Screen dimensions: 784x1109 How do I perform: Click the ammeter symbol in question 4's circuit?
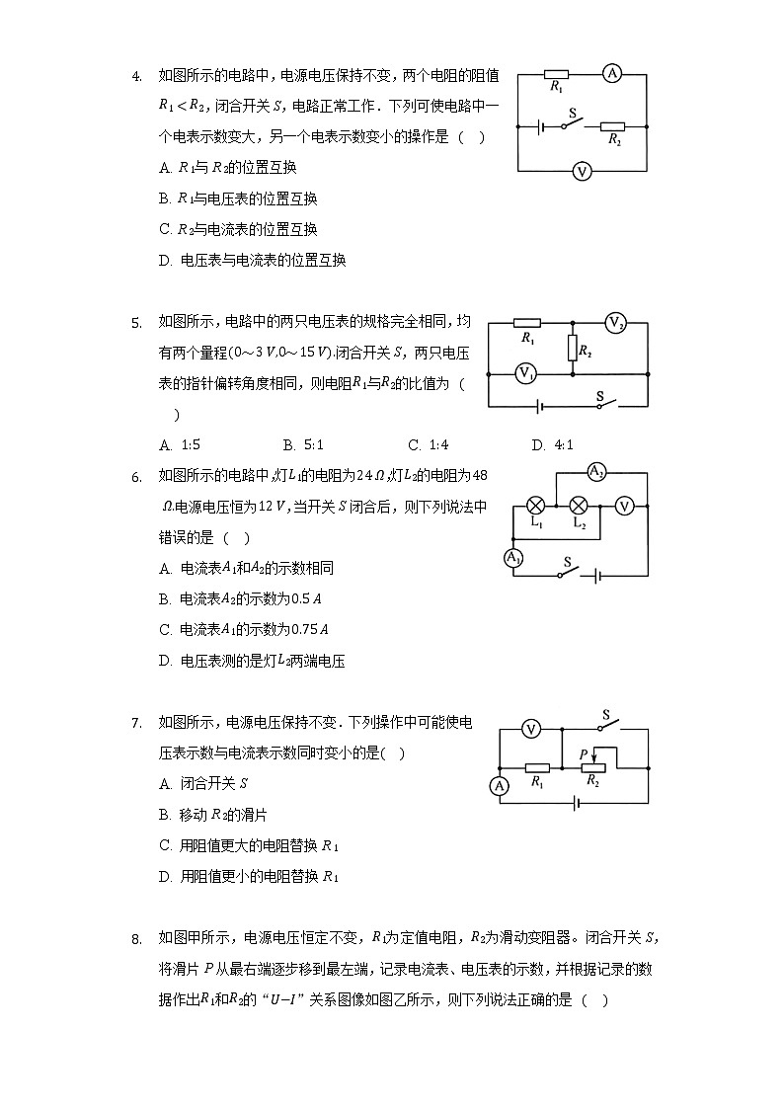612,73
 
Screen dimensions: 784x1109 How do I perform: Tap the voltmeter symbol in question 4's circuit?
582,172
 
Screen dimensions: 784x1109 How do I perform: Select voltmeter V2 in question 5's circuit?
616,323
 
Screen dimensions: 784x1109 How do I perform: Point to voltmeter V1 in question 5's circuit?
526,373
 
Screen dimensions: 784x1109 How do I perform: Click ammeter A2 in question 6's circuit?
596,472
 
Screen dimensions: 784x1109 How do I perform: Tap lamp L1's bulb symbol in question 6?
537,505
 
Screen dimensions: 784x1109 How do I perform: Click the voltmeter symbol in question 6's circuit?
623,505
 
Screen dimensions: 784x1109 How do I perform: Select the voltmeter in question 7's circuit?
530,729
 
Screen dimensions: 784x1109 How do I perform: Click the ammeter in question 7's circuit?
500,786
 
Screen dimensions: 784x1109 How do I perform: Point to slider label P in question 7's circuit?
584,755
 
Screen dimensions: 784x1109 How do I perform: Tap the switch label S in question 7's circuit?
606,714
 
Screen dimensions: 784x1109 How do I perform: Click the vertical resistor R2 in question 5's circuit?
572,349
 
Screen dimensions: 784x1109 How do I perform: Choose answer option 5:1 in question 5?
296,445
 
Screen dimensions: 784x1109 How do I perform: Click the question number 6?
136,477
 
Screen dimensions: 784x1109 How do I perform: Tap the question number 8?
136,939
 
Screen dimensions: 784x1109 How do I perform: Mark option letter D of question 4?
165,261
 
